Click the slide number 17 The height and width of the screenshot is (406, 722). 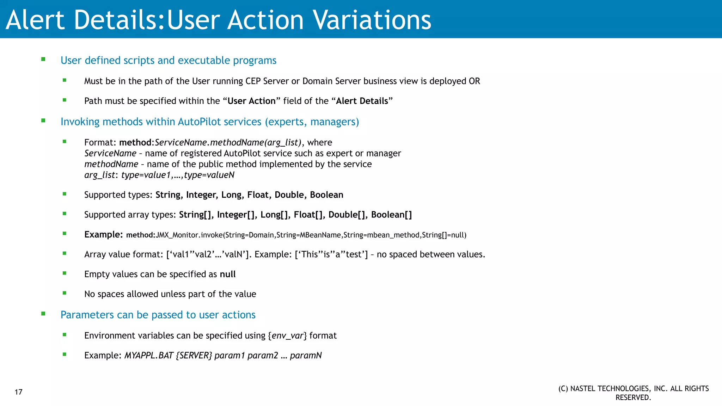point(19,392)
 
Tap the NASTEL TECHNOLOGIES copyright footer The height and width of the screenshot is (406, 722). point(633,393)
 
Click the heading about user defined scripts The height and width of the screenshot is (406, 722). point(168,60)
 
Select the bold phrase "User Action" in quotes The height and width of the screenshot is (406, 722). point(251,101)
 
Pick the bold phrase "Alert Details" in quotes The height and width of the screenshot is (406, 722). point(362,101)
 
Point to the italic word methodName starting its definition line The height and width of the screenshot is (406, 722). point(111,164)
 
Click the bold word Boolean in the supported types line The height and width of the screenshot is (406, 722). point(326,195)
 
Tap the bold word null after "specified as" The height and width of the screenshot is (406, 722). point(228,274)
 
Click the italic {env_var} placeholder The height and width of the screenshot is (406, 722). point(287,336)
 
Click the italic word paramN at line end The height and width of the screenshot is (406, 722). point(306,355)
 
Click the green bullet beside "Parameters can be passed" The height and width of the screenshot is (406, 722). point(43,314)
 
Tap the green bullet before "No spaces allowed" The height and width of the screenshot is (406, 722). point(65,293)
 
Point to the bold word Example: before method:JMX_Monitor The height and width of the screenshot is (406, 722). point(103,234)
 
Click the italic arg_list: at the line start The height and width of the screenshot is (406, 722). point(101,175)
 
